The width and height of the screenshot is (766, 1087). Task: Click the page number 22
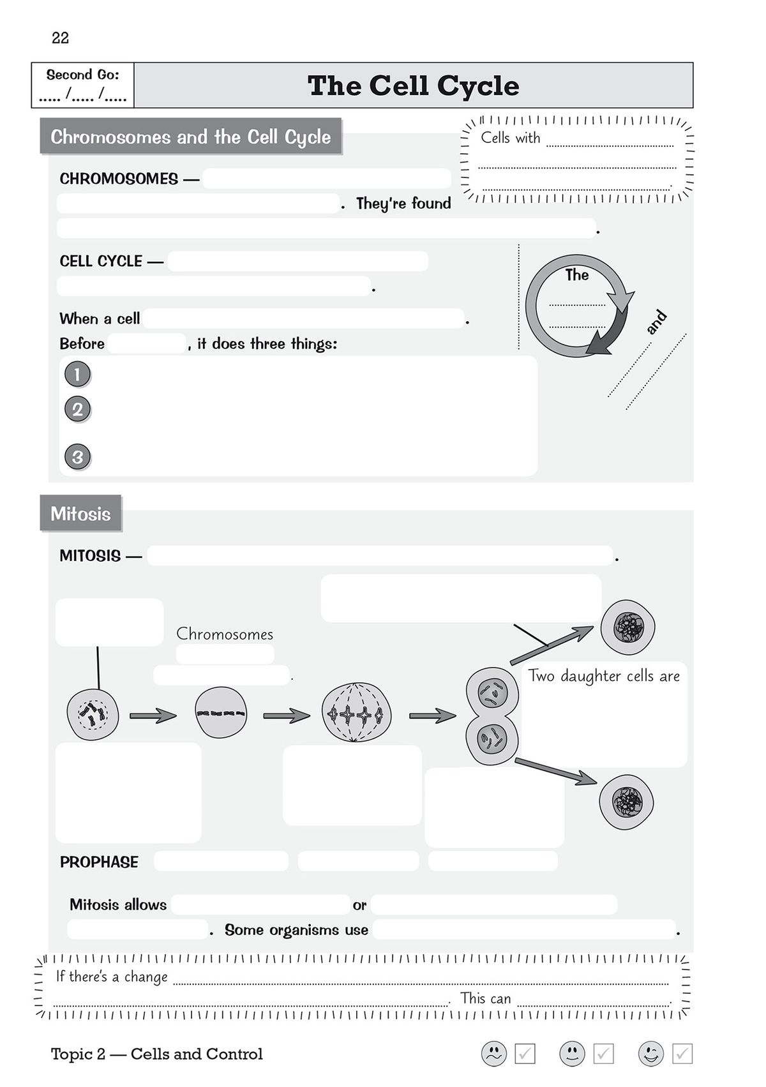coord(60,38)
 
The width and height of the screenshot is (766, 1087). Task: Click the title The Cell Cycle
coord(413,86)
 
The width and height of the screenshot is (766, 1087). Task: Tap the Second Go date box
coord(83,86)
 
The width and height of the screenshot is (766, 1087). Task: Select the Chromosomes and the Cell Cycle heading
coord(190,137)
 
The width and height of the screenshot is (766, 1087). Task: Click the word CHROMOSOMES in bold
coord(119,179)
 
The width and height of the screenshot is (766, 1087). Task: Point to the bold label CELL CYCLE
coord(101,261)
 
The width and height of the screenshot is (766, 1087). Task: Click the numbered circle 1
coord(77,374)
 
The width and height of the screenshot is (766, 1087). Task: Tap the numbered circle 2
coord(77,409)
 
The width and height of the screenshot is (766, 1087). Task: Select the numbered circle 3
coord(77,457)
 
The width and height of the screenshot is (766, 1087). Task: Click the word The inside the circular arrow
coord(576,275)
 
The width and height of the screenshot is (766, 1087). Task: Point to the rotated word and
coord(656,322)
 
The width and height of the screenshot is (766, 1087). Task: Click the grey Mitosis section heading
coord(80,514)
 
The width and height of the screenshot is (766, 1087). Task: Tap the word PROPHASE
coord(99,862)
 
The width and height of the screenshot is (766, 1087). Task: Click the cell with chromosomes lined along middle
coord(221,713)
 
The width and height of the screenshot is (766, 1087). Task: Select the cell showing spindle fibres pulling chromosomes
coord(356,713)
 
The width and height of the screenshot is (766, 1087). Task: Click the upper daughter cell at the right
coord(627,627)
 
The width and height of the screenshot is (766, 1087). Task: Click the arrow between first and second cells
coord(153,716)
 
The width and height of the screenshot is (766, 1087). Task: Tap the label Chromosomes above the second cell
coord(225,634)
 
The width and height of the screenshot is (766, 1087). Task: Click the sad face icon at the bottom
coord(493,1054)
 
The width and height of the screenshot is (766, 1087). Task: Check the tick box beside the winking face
coord(682,1054)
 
